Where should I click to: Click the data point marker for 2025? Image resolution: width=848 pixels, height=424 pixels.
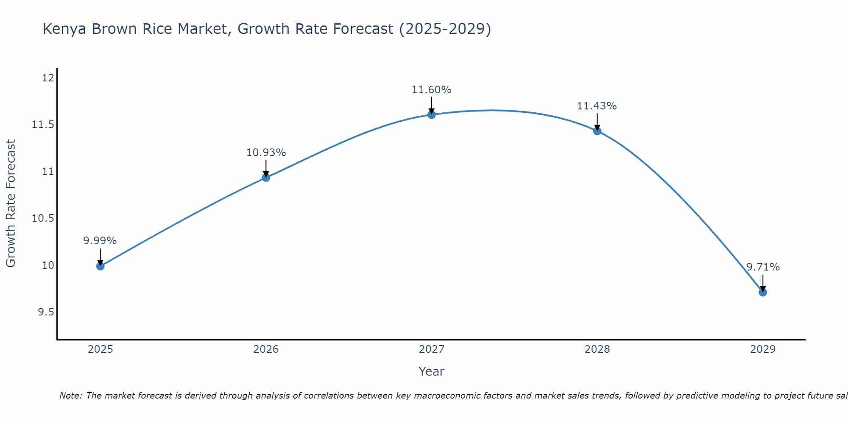pyautogui.click(x=100, y=266)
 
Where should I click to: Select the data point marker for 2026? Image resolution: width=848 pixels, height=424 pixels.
pyautogui.click(x=266, y=178)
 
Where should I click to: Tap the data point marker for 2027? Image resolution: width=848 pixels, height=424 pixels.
pyautogui.click(x=432, y=114)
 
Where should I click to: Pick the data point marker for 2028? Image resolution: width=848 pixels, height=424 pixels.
pyautogui.click(x=597, y=131)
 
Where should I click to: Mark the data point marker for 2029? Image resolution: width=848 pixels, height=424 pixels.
pyautogui.click(x=763, y=292)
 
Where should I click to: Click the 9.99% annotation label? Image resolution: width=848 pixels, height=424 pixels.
pyautogui.click(x=100, y=241)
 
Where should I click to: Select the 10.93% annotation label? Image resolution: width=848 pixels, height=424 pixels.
pyautogui.click(x=266, y=153)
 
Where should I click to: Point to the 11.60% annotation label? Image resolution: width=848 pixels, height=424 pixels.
pyautogui.click(x=432, y=90)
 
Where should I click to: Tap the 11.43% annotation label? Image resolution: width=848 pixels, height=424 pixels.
pyautogui.click(x=597, y=106)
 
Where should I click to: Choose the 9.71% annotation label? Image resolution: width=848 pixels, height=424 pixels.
pyautogui.click(x=763, y=267)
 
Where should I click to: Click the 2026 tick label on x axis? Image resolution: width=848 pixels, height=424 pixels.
pyautogui.click(x=266, y=349)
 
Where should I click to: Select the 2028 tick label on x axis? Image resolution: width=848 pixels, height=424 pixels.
pyautogui.click(x=597, y=349)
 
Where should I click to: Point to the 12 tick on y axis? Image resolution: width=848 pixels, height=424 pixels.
pyautogui.click(x=48, y=78)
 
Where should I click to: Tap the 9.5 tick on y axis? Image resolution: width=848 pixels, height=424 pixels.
pyautogui.click(x=46, y=312)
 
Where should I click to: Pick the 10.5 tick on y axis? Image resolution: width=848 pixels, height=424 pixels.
pyautogui.click(x=43, y=218)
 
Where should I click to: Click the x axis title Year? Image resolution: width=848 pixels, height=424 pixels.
pyautogui.click(x=432, y=371)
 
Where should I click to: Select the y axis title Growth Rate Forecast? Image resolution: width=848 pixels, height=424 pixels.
pyautogui.click(x=11, y=204)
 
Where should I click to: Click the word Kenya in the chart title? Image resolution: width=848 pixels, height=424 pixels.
pyautogui.click(x=65, y=29)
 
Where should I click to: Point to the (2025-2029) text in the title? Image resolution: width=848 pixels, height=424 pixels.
pyautogui.click(x=445, y=29)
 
